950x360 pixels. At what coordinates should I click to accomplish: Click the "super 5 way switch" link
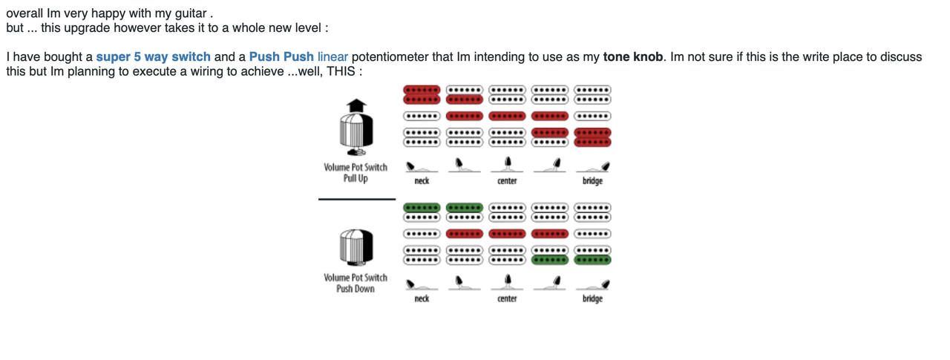tap(153, 56)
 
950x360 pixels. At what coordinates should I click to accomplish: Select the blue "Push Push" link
tap(281, 56)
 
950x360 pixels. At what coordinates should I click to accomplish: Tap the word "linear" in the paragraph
tap(332, 56)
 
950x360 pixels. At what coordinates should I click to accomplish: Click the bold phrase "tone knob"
tap(633, 56)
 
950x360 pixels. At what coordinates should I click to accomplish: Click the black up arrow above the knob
tap(356, 105)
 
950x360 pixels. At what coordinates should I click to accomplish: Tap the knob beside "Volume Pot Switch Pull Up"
tap(356, 132)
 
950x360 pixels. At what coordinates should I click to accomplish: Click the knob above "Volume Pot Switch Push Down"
tap(356, 247)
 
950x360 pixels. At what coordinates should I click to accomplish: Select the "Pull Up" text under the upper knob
tap(356, 178)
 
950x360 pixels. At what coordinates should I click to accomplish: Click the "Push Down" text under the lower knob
tap(356, 289)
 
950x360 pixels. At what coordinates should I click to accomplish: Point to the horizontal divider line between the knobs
tap(357, 199)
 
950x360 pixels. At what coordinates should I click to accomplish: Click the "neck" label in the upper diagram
tap(422, 181)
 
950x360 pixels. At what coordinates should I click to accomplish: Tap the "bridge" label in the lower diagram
tap(592, 298)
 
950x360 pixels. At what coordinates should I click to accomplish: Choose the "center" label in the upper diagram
tap(507, 181)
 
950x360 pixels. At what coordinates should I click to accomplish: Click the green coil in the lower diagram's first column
tap(422, 207)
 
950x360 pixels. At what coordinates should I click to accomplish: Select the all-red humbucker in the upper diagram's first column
tap(422, 94)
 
